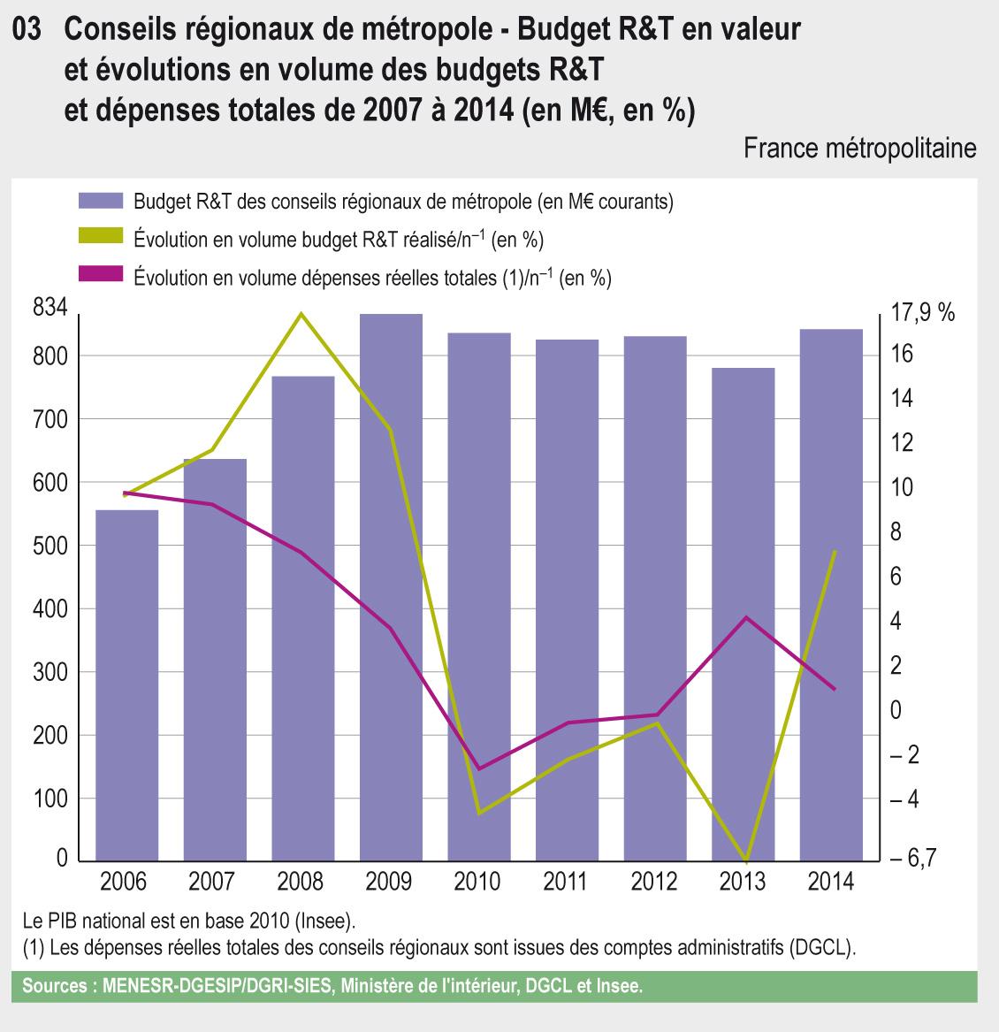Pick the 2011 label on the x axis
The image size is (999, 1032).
click(566, 882)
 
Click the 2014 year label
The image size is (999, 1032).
click(830, 882)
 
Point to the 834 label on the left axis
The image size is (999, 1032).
click(50, 309)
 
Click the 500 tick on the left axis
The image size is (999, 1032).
click(50, 546)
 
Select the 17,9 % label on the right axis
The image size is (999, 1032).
click(923, 312)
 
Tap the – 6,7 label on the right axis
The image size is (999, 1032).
click(915, 859)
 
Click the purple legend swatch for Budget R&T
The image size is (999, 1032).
click(100, 202)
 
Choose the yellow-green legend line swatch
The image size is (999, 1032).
click(100, 240)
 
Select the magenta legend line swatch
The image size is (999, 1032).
click(100, 277)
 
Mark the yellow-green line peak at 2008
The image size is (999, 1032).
click(301, 314)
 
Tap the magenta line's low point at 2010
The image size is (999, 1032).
click(479, 768)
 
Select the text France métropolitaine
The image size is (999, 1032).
click(859, 147)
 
